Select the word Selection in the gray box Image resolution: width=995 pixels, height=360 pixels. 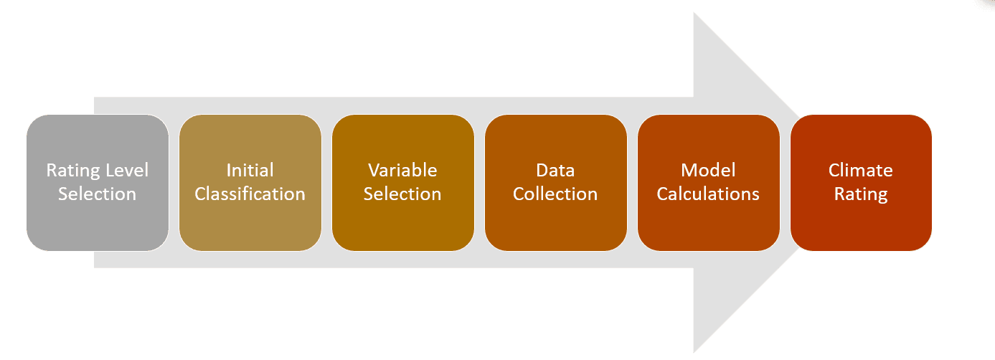(x=97, y=194)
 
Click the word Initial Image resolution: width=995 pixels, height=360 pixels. (x=250, y=171)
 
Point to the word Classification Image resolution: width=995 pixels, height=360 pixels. (x=250, y=194)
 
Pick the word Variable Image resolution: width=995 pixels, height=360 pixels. (x=402, y=171)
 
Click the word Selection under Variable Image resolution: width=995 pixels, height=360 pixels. (x=402, y=194)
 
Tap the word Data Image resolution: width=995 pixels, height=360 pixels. (x=555, y=171)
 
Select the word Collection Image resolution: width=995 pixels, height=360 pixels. (x=555, y=194)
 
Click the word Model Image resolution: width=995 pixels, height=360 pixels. (x=708, y=171)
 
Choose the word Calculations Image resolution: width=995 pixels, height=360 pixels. (x=708, y=194)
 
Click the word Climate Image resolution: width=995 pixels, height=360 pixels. (x=861, y=171)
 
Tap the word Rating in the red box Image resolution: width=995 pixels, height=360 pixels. (x=861, y=194)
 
